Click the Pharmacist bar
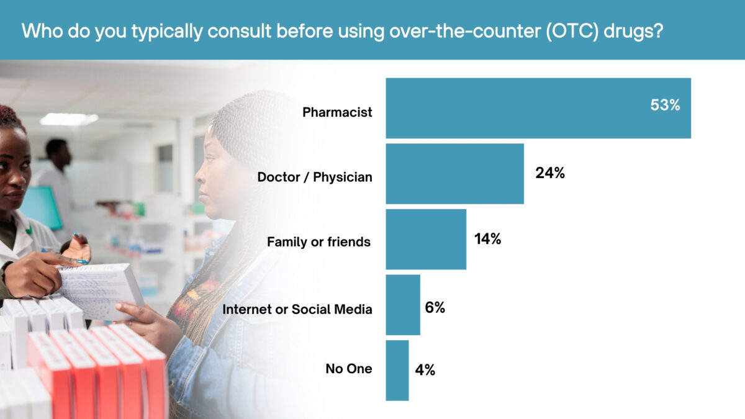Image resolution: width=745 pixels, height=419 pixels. click(x=538, y=108)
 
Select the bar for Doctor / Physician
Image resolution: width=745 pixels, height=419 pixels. click(x=454, y=174)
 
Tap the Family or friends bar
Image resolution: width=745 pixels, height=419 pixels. click(x=426, y=239)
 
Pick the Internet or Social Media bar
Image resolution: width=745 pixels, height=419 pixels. click(x=403, y=305)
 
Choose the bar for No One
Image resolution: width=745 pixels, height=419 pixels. click(x=397, y=370)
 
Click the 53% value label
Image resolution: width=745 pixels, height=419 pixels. click(x=665, y=106)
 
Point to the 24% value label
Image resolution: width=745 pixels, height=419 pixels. click(x=550, y=174)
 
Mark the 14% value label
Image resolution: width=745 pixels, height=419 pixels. click(x=487, y=239)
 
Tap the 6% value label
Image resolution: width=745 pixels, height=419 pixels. click(x=435, y=307)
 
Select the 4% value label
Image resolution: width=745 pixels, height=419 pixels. click(x=425, y=371)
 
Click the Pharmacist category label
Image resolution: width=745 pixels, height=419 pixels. click(x=337, y=112)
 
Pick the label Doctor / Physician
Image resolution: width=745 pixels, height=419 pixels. click(x=315, y=178)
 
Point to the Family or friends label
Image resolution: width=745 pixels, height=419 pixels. click(x=318, y=242)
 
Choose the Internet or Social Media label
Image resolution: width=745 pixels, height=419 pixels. click(x=297, y=309)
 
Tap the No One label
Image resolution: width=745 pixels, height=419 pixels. click(x=349, y=369)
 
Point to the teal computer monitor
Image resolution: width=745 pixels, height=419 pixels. click(x=42, y=208)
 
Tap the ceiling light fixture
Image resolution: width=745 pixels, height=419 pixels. click(x=69, y=119)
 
